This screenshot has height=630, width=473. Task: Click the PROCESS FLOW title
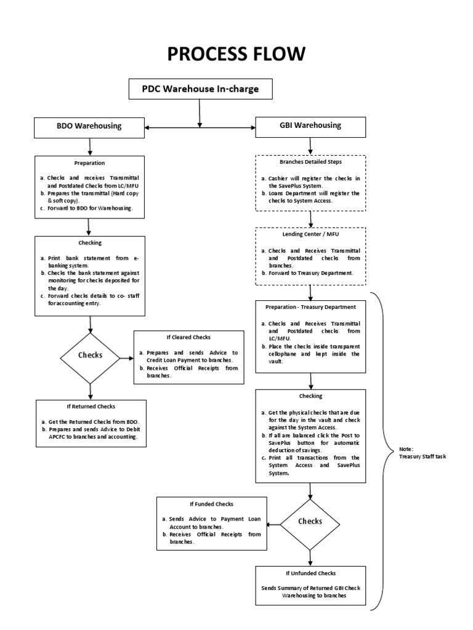(x=236, y=54)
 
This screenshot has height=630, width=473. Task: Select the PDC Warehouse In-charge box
(x=200, y=89)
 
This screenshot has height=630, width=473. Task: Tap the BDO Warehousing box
(x=90, y=127)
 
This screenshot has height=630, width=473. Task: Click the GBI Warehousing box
(x=310, y=126)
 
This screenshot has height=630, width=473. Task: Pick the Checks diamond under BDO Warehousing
(x=90, y=356)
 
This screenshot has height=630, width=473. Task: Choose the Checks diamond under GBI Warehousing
(x=310, y=521)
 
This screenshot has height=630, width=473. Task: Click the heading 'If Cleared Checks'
(x=188, y=338)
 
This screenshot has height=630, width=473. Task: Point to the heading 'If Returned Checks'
(x=91, y=407)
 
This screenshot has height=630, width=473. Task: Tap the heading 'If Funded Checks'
(x=211, y=504)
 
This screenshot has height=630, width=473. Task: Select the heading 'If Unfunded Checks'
(x=310, y=573)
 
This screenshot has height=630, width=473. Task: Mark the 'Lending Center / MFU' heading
(x=310, y=234)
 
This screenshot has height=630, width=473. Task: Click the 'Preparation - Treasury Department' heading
(x=310, y=306)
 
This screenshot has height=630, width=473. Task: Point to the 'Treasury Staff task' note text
(x=422, y=456)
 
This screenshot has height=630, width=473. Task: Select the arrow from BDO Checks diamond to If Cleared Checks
(x=127, y=356)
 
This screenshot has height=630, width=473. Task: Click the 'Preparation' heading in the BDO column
(x=90, y=163)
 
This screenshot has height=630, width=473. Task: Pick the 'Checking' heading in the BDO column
(x=90, y=243)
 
